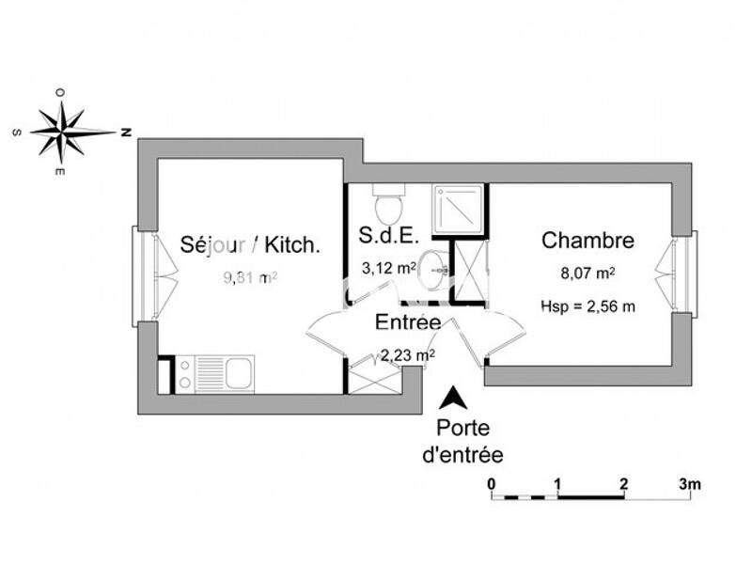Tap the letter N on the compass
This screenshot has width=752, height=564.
pos(124,133)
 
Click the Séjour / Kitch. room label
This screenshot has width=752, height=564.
pos(250,245)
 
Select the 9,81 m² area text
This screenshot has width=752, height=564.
pos(249,277)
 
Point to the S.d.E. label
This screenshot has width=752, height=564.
pos(389,234)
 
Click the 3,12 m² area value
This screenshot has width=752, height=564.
pos(388,268)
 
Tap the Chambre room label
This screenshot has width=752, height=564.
pos(587,241)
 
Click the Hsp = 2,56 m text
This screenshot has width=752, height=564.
pos(587,305)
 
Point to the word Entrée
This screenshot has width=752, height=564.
pos(408,321)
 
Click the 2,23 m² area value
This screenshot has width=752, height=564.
pos(407,354)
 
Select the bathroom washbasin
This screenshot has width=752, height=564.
pos(434,269)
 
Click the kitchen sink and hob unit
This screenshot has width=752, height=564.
pos(214,373)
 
